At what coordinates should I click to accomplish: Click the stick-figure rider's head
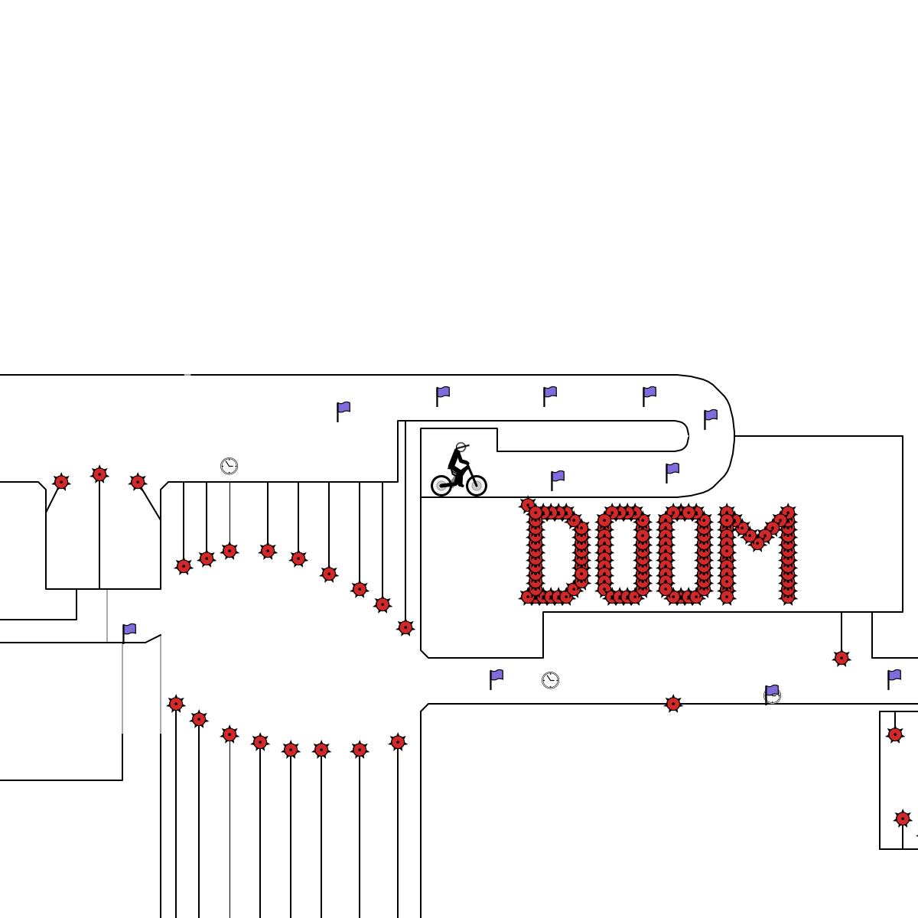coord(461,447)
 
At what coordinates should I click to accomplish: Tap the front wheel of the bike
coord(477,486)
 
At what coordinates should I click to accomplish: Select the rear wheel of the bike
coord(441,486)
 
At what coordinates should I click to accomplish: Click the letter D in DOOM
coord(555,552)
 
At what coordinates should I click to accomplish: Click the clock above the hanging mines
coord(229,466)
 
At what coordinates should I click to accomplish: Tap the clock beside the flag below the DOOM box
coord(550,680)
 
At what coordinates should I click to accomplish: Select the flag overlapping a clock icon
coord(771,694)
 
